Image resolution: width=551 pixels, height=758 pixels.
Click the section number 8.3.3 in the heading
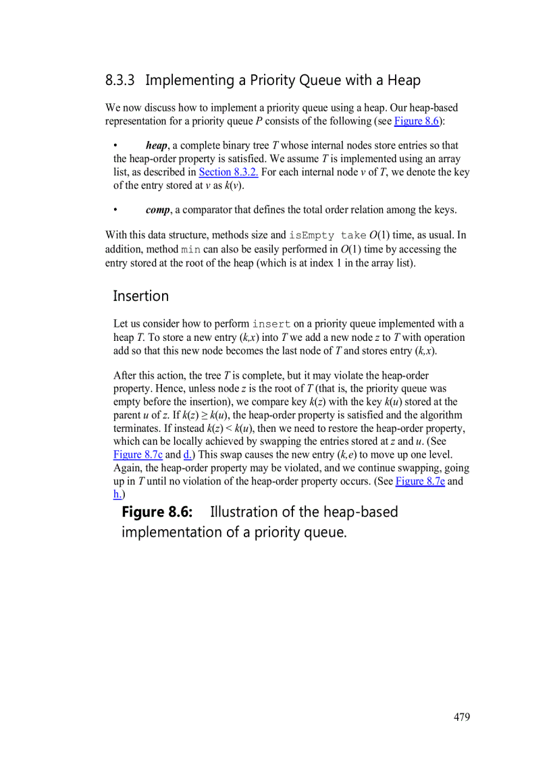pyautogui.click(x=120, y=80)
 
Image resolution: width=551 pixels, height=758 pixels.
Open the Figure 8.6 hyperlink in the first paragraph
pyautogui.click(x=417, y=121)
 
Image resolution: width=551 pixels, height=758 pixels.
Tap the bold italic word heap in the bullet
pyautogui.click(x=156, y=145)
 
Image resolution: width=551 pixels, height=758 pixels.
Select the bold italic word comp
pyautogui.click(x=157, y=209)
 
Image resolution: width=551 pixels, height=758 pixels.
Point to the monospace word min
pyautogui.click(x=190, y=249)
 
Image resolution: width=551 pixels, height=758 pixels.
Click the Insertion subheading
pyautogui.click(x=140, y=296)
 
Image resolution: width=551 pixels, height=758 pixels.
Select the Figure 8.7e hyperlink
pyautogui.click(x=420, y=481)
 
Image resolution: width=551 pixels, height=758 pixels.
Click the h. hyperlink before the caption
pyautogui.click(x=117, y=494)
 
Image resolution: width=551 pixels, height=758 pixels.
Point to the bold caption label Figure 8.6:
pyautogui.click(x=157, y=512)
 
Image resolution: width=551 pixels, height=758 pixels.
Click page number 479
pyautogui.click(x=462, y=717)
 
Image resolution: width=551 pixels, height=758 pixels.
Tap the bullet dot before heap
pyautogui.click(x=116, y=145)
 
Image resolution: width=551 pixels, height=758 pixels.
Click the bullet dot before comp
pyautogui.click(x=116, y=209)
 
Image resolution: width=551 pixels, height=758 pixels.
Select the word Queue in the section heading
pyautogui.click(x=321, y=80)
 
